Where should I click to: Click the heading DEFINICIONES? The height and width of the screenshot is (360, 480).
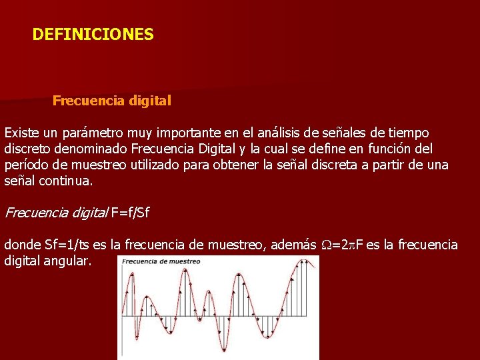[93, 34]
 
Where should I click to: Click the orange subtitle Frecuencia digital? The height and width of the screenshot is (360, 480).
[112, 101]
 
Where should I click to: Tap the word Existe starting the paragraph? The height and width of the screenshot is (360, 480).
[21, 133]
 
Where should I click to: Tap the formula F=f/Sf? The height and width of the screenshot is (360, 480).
[131, 213]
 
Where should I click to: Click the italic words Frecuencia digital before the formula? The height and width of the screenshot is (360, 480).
[56, 213]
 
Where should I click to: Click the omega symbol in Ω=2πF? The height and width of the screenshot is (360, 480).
[326, 245]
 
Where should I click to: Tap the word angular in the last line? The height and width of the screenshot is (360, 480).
[68, 261]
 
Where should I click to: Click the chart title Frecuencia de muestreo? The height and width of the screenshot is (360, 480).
[161, 261]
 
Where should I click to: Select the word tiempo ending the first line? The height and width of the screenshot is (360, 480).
[408, 133]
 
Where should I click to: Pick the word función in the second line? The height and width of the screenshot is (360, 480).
[386, 148]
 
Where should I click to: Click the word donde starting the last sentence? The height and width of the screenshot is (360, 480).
[22, 245]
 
